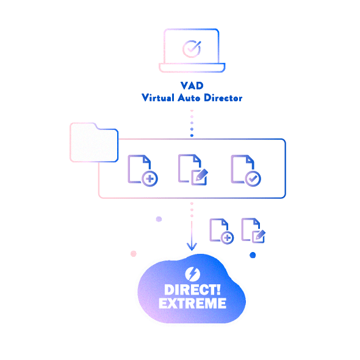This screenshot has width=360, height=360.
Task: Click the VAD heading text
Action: [x=192, y=85]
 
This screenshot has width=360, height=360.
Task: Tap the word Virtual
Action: [x=158, y=98]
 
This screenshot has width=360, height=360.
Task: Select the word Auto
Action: [x=189, y=98]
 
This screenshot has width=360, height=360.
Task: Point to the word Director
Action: [x=223, y=98]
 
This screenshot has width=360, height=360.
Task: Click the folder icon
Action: [x=94, y=142]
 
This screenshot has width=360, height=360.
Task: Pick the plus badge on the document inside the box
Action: [x=149, y=178]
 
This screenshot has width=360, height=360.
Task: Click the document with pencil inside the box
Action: [x=193, y=170]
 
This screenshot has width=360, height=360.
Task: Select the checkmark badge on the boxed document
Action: [x=253, y=178]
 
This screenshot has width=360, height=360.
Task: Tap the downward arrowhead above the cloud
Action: [x=192, y=247]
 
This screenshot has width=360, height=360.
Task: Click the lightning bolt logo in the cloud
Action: [x=192, y=274]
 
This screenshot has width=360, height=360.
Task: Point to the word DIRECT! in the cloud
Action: [x=192, y=290]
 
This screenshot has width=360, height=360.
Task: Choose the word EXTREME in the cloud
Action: [x=192, y=303]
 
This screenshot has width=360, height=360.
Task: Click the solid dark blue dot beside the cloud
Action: [x=253, y=255]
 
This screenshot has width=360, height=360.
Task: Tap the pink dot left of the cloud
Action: [x=134, y=254]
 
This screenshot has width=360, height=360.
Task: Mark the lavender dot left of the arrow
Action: [x=159, y=219]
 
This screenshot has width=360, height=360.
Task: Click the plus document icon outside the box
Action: [x=221, y=231]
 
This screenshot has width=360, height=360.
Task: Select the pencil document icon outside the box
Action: [x=253, y=230]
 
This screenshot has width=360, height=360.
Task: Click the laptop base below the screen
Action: [x=192, y=68]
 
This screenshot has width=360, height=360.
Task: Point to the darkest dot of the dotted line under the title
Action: [x=192, y=135]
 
